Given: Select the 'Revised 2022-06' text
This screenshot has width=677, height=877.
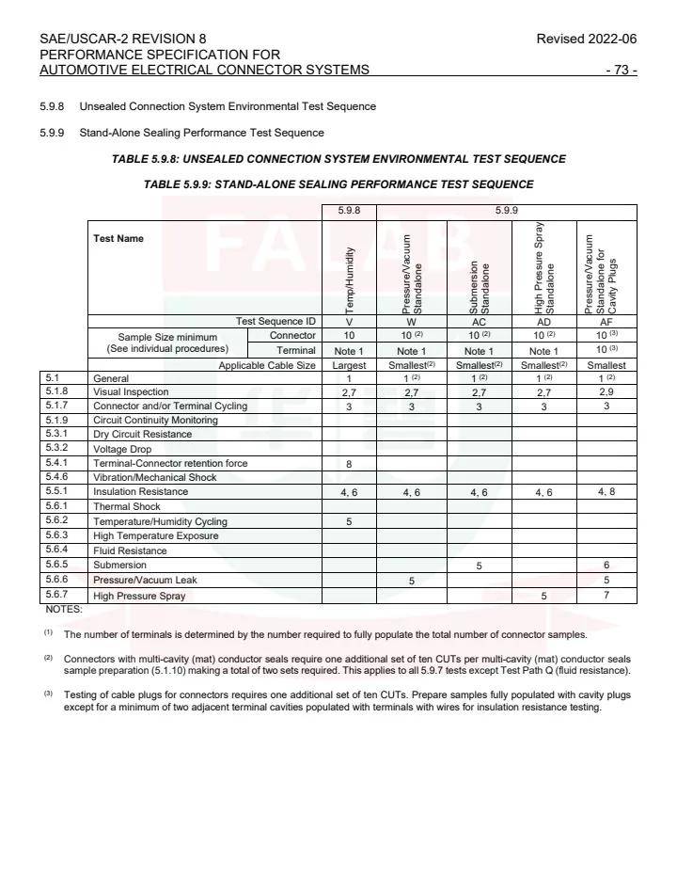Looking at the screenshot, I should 586,39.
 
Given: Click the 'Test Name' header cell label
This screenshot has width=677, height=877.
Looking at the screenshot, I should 118,239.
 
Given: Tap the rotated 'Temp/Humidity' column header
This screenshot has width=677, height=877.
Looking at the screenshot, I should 349,279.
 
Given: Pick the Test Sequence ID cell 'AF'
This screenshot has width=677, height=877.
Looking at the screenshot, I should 606,322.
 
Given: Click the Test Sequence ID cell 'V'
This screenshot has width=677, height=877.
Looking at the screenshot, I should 349,322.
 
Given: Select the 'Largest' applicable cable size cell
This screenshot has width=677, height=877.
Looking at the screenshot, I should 349,365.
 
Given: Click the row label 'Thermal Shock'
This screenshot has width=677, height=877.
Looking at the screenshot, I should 126,506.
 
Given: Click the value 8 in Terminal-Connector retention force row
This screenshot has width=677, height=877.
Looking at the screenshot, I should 349,463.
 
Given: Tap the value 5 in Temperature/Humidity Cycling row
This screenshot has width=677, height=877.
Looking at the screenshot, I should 349,521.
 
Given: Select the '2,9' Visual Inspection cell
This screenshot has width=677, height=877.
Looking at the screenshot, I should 606,391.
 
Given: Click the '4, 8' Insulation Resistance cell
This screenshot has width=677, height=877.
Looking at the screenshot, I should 606,492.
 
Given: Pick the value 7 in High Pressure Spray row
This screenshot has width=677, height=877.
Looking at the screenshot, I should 606,596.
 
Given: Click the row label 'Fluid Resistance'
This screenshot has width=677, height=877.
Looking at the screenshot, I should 130,550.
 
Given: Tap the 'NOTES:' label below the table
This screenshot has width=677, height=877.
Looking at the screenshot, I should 64,610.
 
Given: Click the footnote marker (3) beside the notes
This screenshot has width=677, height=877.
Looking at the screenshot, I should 48,694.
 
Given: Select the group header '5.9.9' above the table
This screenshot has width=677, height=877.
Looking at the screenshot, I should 507,212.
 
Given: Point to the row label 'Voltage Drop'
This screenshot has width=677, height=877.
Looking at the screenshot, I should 123,449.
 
